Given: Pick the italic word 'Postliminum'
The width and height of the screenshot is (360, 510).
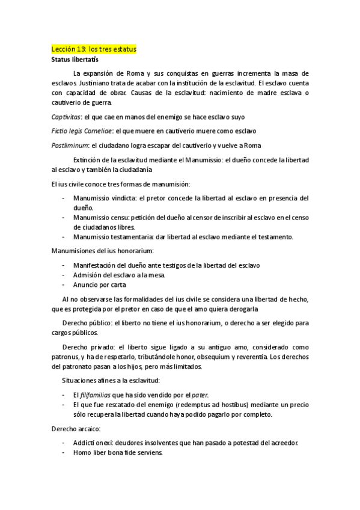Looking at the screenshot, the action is pos(69,145).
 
